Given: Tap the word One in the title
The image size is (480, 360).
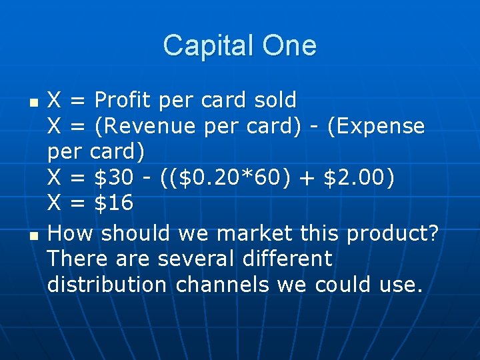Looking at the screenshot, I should tap(289, 46).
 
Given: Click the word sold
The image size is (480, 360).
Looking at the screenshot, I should tap(275, 101).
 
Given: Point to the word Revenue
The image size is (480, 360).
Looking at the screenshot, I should tap(158, 126).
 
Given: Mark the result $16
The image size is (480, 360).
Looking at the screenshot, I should tap(113, 203).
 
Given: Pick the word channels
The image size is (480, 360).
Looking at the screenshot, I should tap(223, 285).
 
